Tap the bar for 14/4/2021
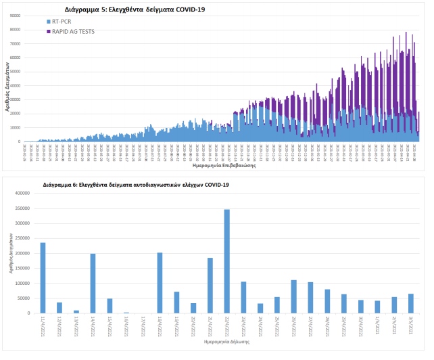coord(93,284)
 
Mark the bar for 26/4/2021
coord(293,296)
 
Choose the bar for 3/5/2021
coord(410,303)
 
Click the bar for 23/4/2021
coord(243,298)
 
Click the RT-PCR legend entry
coord(66,22)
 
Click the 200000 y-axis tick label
coord(22,253)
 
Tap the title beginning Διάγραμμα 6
coord(135,184)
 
